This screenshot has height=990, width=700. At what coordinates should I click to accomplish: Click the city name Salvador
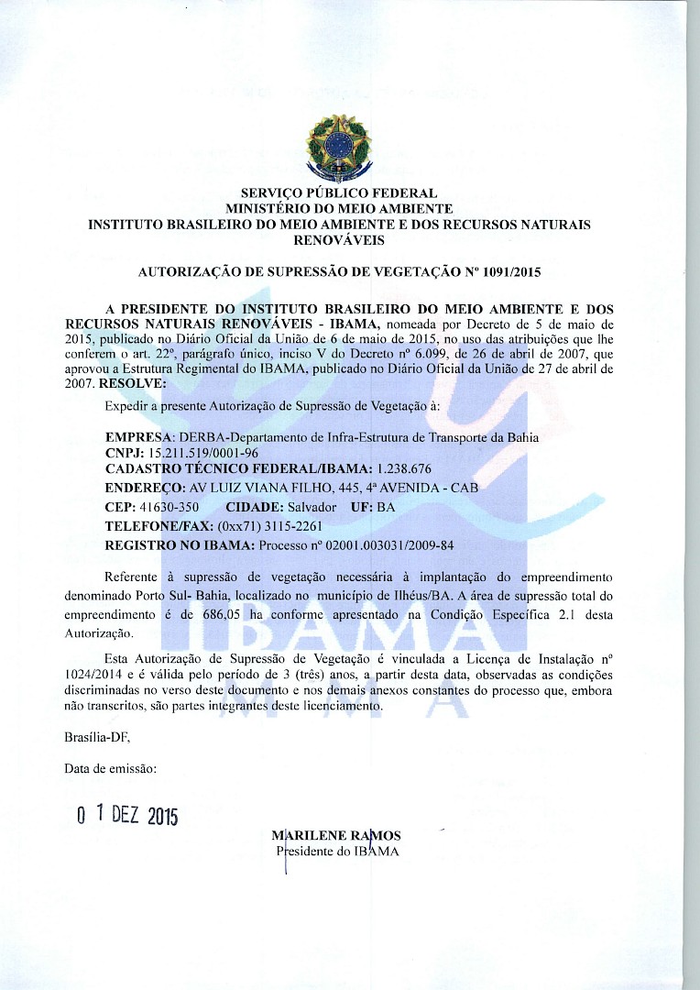(x=312, y=507)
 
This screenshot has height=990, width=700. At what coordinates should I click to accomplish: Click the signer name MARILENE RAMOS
(x=336, y=836)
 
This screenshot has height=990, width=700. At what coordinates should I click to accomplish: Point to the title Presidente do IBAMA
(x=337, y=852)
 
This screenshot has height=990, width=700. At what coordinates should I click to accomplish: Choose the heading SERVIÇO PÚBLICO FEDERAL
(x=338, y=193)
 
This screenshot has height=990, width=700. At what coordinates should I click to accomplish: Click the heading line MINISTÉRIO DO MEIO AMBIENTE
(x=338, y=209)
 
